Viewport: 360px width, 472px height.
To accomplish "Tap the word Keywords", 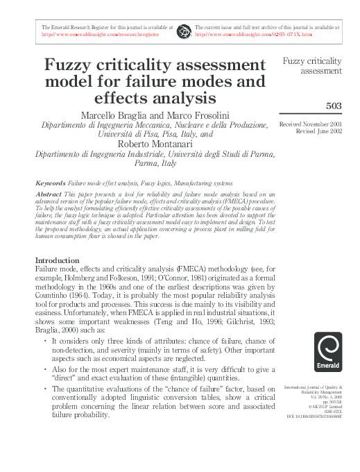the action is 50,183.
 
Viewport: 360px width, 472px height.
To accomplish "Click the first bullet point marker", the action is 45,342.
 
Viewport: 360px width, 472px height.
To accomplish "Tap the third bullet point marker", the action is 45,389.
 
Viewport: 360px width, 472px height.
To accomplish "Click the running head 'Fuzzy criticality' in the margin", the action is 312,61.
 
